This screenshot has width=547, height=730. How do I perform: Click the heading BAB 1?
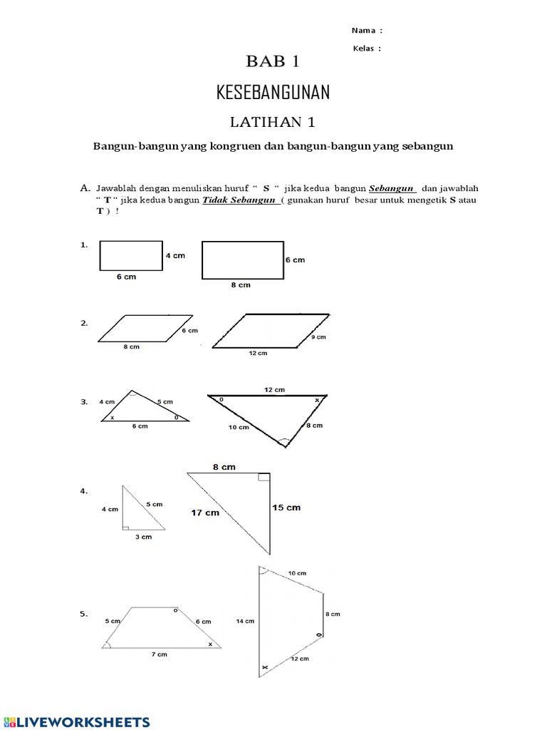click(273, 62)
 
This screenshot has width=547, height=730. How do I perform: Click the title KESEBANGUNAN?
click(273, 93)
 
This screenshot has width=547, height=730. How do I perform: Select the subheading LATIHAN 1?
click(273, 122)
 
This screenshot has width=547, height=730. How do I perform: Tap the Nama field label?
click(367, 31)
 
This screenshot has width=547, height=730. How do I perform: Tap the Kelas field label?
click(367, 48)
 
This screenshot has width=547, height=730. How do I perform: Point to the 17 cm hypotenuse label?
click(205, 512)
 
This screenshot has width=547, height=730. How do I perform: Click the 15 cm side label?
click(286, 508)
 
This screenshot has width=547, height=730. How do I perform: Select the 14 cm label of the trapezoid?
click(244, 621)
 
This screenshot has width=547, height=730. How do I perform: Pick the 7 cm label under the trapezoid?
click(158, 654)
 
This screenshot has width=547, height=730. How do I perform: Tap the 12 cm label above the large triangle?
click(274, 389)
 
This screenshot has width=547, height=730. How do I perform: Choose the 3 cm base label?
click(143, 537)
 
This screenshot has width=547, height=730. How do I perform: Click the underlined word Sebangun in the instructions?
click(392, 188)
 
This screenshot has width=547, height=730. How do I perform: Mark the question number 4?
click(83, 491)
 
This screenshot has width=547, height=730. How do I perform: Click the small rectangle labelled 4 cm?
click(130, 256)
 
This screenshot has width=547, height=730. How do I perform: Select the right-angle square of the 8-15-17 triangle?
click(264, 477)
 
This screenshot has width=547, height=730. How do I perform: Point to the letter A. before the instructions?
click(85, 188)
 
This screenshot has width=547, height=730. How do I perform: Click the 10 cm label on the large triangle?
click(239, 427)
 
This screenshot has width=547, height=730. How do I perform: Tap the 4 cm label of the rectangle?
click(174, 255)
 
